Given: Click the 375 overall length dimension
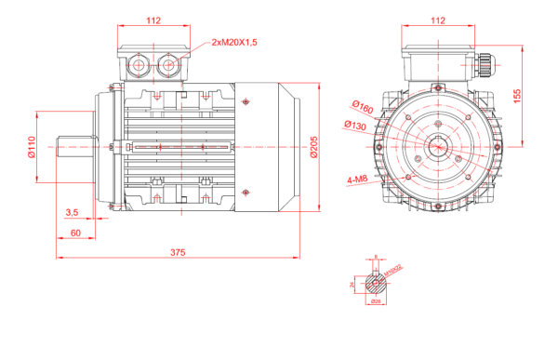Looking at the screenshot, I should [177, 252].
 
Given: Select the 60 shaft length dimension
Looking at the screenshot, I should [75, 232].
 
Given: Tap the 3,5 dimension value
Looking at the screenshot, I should [72, 213].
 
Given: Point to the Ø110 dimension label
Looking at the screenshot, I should [32, 147].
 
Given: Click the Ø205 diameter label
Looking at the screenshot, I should [314, 146].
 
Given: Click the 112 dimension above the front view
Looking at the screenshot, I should [438, 20].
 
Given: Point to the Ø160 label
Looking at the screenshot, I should [363, 108].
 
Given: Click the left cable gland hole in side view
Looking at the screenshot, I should [141, 65].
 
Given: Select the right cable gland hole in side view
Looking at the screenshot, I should [171, 65].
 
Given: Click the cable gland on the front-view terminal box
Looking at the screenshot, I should [485, 65].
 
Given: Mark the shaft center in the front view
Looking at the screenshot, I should [438, 146].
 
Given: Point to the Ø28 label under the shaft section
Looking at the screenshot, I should [376, 301].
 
